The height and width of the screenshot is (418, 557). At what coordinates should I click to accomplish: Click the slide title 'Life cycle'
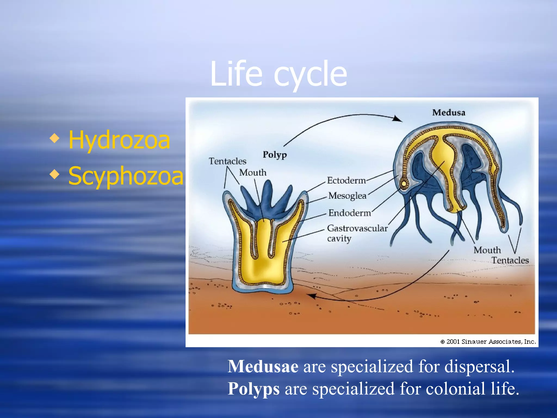(x=278, y=74)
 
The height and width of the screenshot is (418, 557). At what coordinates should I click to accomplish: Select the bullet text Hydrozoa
(x=119, y=140)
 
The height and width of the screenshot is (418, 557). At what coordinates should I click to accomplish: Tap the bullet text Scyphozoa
(x=126, y=176)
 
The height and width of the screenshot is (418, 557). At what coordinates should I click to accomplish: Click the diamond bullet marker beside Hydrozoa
(x=55, y=139)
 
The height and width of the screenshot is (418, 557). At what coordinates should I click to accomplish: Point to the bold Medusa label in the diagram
(x=448, y=113)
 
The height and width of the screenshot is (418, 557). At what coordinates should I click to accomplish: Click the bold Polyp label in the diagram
(x=275, y=155)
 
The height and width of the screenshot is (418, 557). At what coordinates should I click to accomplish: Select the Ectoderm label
(x=346, y=180)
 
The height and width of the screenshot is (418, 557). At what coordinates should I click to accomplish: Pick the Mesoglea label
(x=347, y=196)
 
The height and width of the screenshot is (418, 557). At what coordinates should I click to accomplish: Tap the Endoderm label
(x=349, y=213)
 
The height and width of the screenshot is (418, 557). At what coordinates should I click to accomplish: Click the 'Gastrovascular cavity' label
(x=357, y=233)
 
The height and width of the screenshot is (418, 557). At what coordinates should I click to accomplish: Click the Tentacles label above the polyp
(x=227, y=161)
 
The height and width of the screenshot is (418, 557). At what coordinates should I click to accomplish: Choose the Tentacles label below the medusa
(x=510, y=260)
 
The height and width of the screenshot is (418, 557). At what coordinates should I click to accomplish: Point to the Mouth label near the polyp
(x=253, y=173)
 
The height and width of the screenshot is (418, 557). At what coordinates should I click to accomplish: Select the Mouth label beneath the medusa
(x=487, y=250)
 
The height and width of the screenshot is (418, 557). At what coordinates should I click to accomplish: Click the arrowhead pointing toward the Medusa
(x=398, y=119)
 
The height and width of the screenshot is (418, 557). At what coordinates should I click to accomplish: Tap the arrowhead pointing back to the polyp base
(x=311, y=296)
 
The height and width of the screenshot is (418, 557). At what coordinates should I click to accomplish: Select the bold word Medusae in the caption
(x=263, y=366)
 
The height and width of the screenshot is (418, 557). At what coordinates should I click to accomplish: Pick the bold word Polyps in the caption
(x=253, y=388)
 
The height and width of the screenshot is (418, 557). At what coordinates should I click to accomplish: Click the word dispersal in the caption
(x=479, y=366)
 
